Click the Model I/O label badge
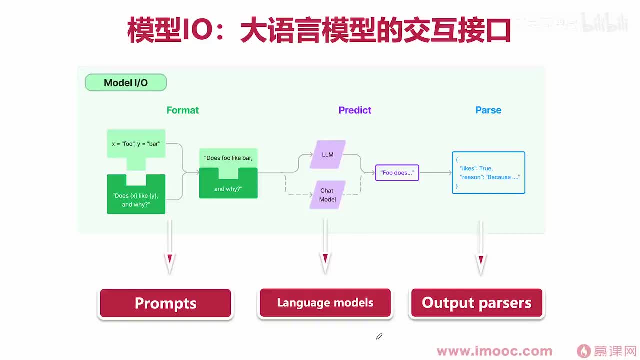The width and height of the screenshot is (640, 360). (x=126, y=83)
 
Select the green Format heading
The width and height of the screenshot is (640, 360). (x=182, y=110)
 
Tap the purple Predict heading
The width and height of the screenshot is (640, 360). (x=355, y=110)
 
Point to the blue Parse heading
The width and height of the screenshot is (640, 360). (x=488, y=110)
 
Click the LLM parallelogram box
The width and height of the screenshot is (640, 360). (x=328, y=154)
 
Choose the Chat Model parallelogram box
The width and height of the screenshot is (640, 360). (x=327, y=195)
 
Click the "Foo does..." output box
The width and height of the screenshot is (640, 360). (x=397, y=173)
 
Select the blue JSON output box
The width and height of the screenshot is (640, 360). (x=488, y=173)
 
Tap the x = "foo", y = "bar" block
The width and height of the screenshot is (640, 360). (x=136, y=144)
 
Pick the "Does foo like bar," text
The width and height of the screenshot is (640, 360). (x=228, y=158)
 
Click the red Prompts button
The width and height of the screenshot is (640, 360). (x=165, y=303)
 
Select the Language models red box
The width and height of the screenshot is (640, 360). (x=325, y=303)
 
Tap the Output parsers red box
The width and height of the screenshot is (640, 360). (x=476, y=303)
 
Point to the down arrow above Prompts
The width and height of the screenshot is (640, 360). (x=170, y=247)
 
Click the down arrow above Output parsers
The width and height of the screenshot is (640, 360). (x=481, y=247)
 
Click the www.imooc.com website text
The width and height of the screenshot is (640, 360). (x=494, y=351)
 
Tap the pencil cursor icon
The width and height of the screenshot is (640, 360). (x=379, y=337)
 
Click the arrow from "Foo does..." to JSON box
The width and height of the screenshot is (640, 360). (x=435, y=173)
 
